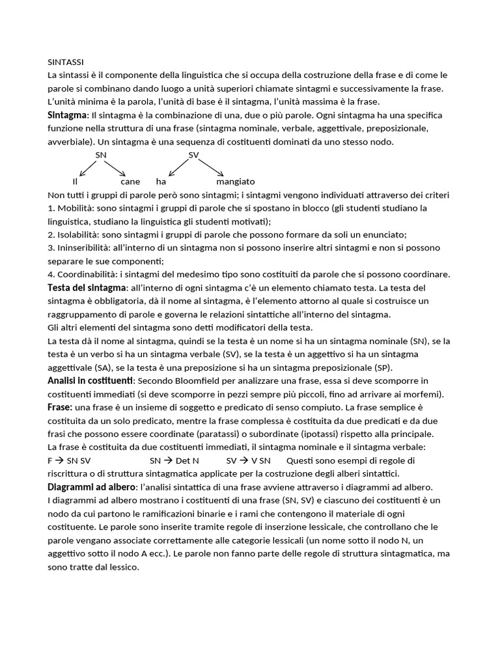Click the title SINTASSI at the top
click(x=66, y=62)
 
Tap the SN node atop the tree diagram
click(x=101, y=155)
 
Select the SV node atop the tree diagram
click(x=193, y=155)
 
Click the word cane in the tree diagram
click(x=130, y=181)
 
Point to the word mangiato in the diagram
click(x=236, y=181)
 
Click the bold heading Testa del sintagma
click(x=87, y=287)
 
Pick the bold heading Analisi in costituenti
click(x=90, y=380)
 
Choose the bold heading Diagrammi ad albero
click(x=90, y=487)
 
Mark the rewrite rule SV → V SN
click(x=248, y=460)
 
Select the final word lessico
click(x=124, y=567)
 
